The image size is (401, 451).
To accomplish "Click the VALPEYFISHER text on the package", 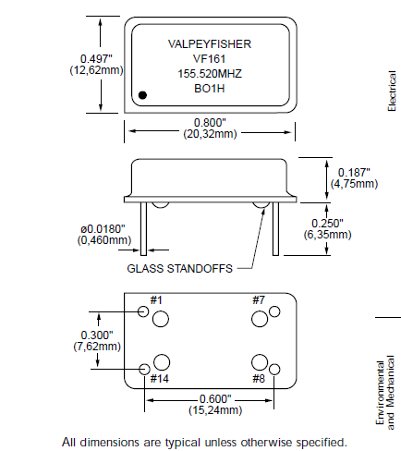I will tap(209, 43).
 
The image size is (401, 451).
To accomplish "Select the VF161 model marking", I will tap(209, 58).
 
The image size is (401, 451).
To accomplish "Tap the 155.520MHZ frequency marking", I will tap(209, 74).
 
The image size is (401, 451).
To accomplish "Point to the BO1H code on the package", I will tap(209, 90).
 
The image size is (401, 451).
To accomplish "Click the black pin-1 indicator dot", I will tap(143, 94).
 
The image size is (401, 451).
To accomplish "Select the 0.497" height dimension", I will tap(96, 59).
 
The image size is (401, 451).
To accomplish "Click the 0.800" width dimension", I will tap(210, 122).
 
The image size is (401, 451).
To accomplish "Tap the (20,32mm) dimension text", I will tap(210, 134).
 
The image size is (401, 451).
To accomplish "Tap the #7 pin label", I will tap(259, 300).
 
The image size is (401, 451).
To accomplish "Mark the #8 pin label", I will tap(258, 379).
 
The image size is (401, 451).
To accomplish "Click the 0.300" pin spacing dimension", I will tap(97, 334).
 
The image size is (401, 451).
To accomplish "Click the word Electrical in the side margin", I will tap(391, 91).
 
